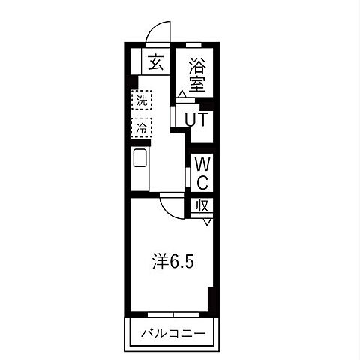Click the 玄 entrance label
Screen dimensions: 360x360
155,63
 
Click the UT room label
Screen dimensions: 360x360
196,118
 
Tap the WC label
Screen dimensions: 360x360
202,172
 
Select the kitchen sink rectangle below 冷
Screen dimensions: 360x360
140,158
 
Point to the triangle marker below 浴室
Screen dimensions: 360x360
181,94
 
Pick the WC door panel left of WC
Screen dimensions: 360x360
187,174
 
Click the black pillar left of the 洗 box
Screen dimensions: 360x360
131,83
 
